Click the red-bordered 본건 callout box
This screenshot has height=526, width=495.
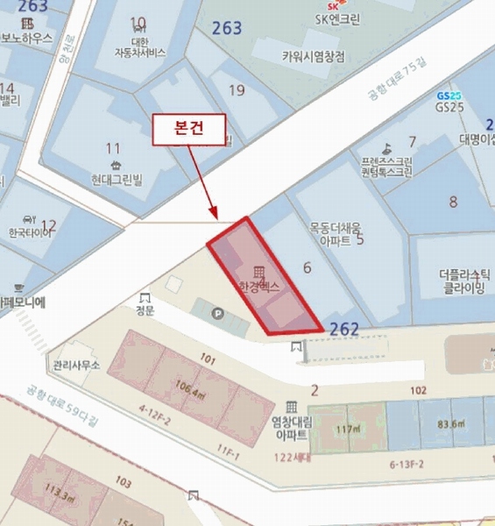(x=190, y=129)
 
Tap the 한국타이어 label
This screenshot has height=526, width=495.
(x=28, y=234)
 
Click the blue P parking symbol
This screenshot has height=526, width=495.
(x=194, y=311)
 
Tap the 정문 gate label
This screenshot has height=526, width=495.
(x=145, y=309)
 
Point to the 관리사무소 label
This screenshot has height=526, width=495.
(x=77, y=365)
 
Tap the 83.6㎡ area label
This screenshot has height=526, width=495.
(x=451, y=425)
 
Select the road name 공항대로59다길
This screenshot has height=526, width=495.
(x=60, y=406)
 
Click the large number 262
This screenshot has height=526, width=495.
(x=344, y=329)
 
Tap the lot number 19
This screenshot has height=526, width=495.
(x=237, y=89)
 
